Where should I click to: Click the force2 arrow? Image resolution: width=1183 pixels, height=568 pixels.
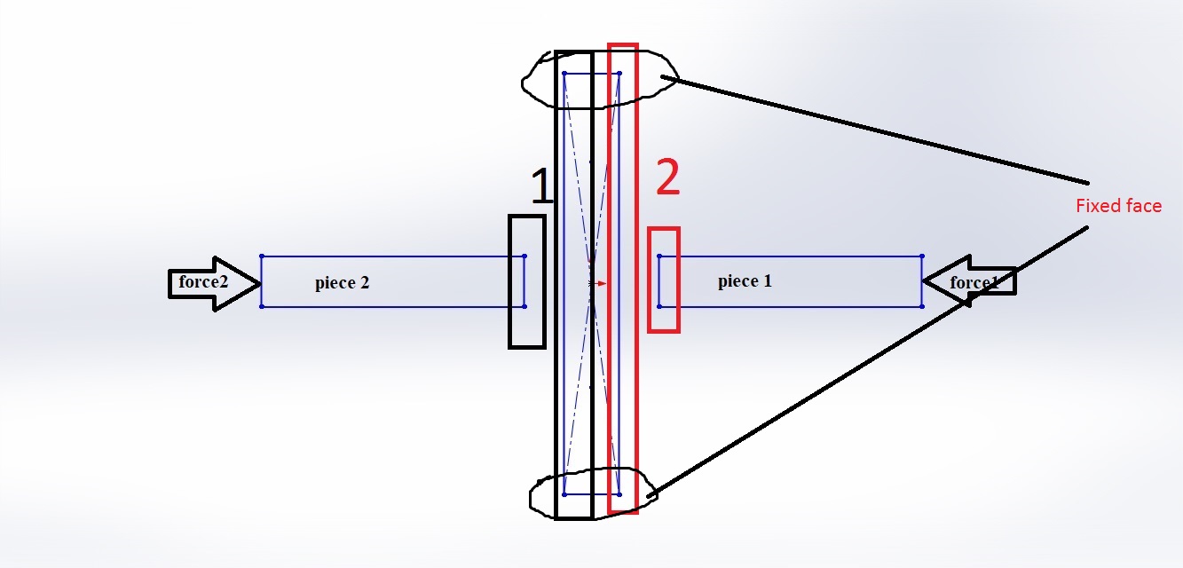(x=213, y=283)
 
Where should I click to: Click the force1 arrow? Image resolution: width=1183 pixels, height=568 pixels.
(x=969, y=282)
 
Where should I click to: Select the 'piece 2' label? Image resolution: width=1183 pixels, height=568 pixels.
(x=342, y=284)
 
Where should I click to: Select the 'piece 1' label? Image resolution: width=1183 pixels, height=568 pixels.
(x=745, y=281)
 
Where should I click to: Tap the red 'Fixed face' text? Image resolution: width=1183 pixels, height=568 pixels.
(x=1118, y=206)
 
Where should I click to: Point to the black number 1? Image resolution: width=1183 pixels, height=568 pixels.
(x=540, y=186)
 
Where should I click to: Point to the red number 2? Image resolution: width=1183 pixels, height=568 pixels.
(x=667, y=178)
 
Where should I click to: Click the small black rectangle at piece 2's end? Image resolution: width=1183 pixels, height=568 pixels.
(x=527, y=280)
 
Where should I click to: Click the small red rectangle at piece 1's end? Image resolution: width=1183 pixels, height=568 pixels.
(x=664, y=280)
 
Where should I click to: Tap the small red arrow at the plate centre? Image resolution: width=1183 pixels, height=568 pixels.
(x=601, y=284)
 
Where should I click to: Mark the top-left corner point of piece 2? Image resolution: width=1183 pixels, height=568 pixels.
(x=262, y=256)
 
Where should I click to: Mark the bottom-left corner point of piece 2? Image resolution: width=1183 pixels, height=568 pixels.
(x=262, y=307)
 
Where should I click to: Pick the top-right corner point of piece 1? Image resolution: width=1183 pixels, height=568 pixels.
(x=922, y=256)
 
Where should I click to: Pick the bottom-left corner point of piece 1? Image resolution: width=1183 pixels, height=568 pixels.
(x=659, y=306)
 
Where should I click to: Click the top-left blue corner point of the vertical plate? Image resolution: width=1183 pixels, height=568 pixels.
(x=564, y=74)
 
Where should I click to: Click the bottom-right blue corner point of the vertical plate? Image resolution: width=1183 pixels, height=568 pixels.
(x=619, y=494)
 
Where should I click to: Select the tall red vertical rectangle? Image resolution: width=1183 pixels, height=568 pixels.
(x=623, y=277)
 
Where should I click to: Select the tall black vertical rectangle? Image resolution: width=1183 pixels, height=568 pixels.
(x=573, y=284)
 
